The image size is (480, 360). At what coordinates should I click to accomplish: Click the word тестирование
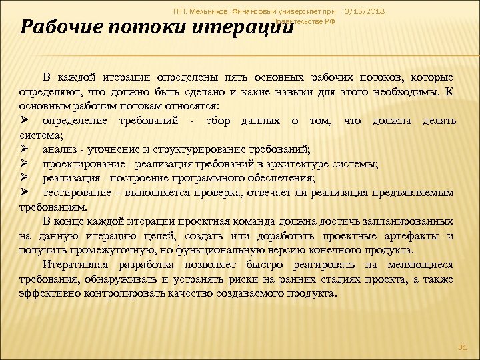point(75,193)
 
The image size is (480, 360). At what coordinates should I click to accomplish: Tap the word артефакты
point(413,236)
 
